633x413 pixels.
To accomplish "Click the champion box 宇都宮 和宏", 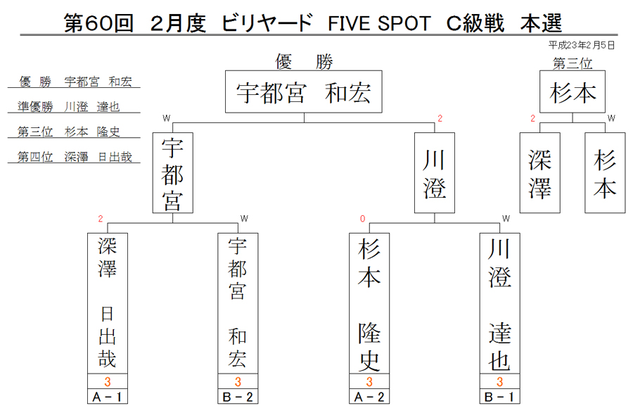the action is tap(304, 91).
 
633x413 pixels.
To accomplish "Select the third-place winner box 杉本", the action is tap(573, 91).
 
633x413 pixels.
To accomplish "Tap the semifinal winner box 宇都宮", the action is tap(173, 173).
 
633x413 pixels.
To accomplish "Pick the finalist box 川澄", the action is tap(435, 173).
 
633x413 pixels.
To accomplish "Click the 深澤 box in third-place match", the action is tap(539, 173).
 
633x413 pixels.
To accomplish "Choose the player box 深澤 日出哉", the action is tap(108, 303).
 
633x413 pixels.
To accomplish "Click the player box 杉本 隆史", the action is tap(369, 303).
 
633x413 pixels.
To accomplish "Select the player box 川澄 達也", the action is tap(500, 303).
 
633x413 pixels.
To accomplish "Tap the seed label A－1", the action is tap(108, 397).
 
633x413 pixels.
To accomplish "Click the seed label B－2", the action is tap(238, 397).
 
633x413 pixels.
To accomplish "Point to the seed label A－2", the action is tap(369, 397).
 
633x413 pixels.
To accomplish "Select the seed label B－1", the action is tap(500, 397).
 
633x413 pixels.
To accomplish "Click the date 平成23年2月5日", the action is tap(582, 45).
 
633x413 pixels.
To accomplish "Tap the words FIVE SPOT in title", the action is tap(379, 23).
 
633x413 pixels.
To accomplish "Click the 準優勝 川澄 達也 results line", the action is tap(69, 107).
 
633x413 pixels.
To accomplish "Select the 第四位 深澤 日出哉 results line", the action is tap(75, 157).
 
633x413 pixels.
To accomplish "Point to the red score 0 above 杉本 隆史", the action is tap(362, 219).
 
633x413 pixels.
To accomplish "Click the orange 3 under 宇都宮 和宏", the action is tap(238, 381).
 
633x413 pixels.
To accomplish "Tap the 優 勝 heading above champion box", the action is tap(304, 62).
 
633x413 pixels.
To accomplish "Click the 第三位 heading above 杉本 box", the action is tap(573, 63).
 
